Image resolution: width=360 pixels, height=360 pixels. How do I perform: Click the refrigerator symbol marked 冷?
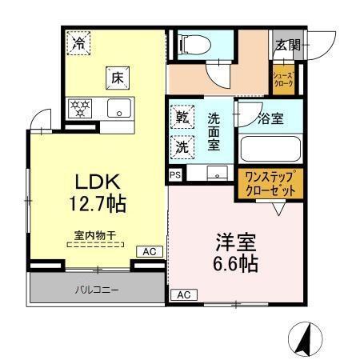pyautogui.click(x=78, y=42)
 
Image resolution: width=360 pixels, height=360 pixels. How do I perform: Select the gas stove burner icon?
pyautogui.click(x=80, y=108)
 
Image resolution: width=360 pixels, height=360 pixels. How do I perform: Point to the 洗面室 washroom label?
pyautogui.click(x=214, y=131)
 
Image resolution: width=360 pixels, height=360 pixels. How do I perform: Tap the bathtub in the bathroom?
pyautogui.click(x=269, y=148)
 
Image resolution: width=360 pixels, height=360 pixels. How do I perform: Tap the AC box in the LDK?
pyautogui.click(x=149, y=252)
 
